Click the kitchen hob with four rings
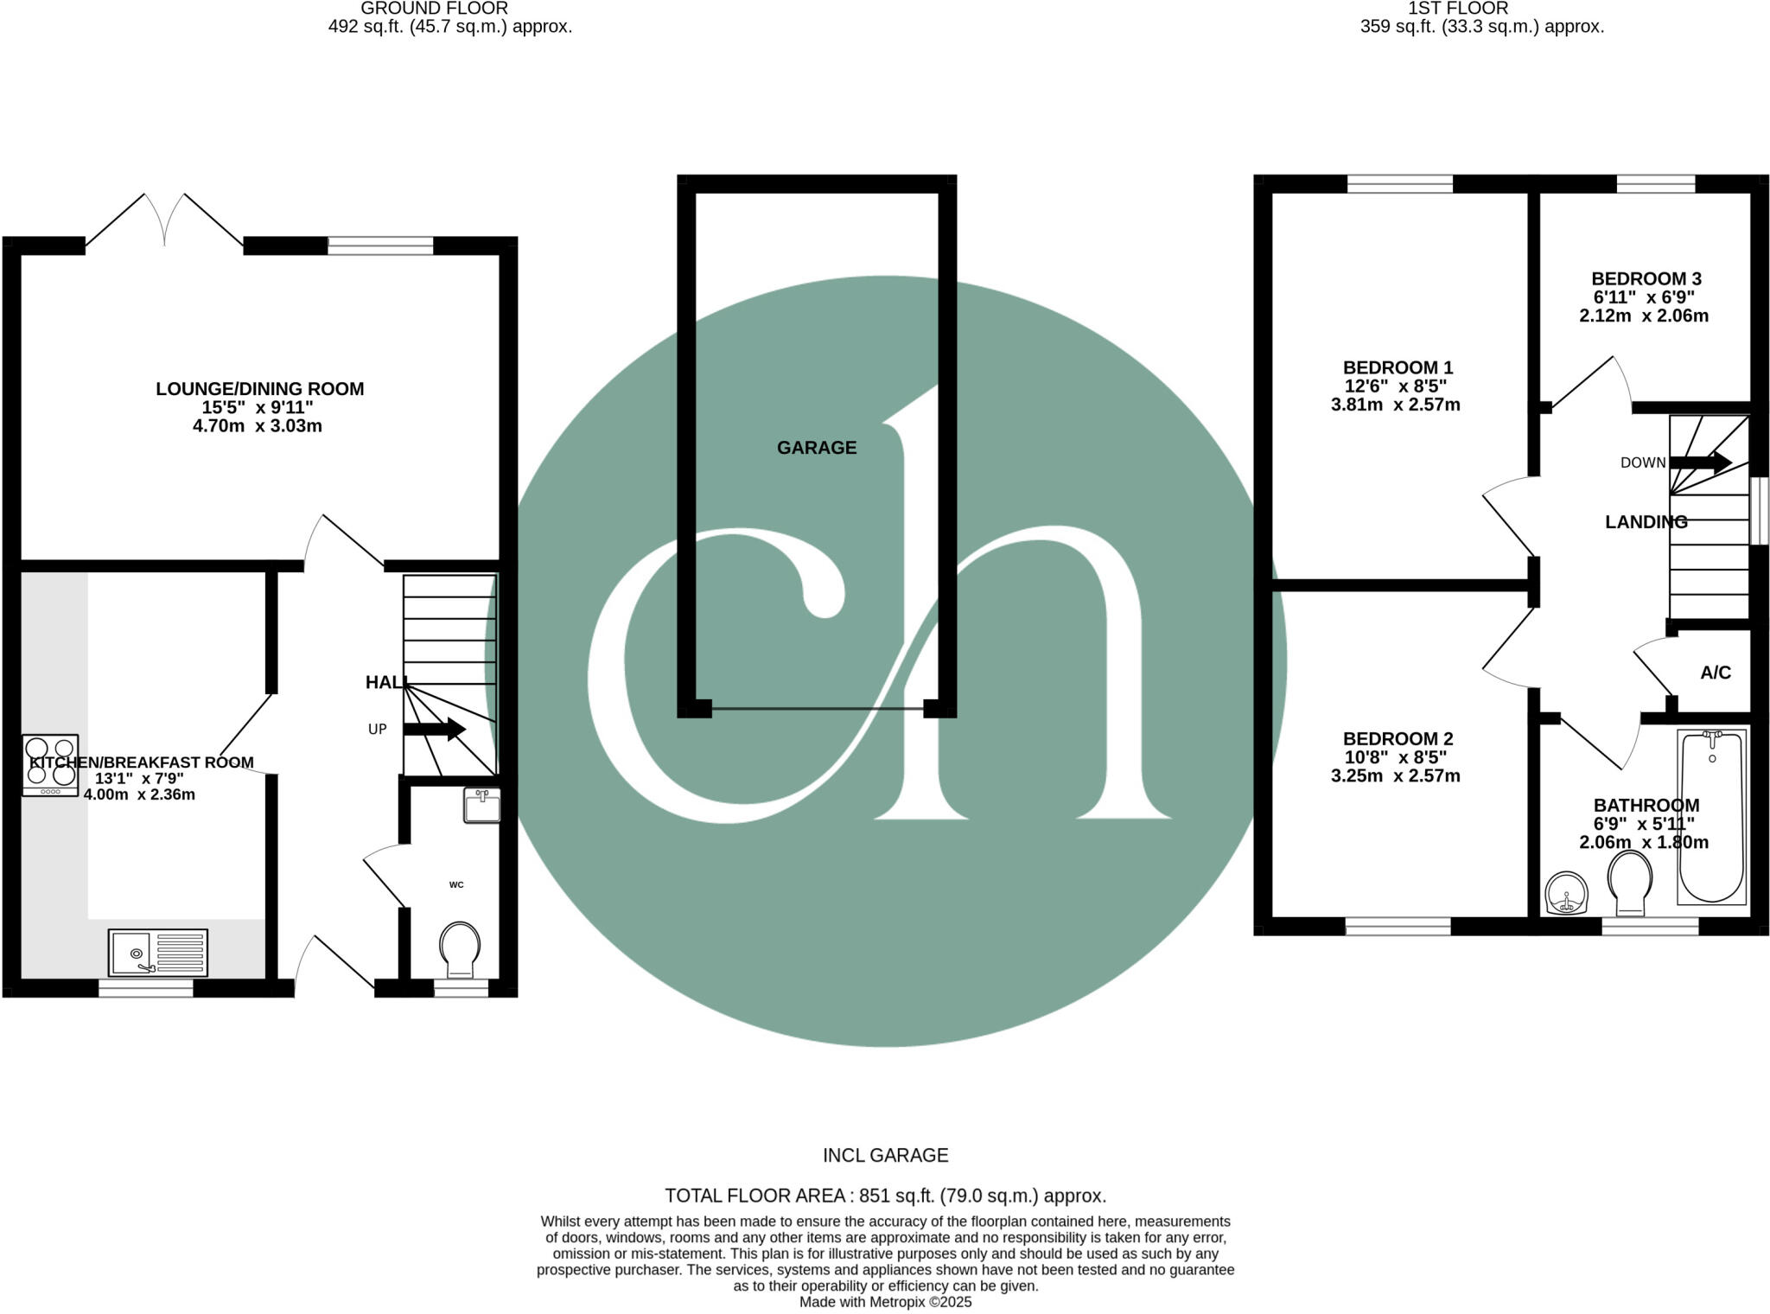(x=50, y=764)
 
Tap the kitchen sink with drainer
(x=158, y=952)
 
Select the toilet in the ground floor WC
(x=460, y=947)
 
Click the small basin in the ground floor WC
(x=481, y=805)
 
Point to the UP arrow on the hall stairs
(x=434, y=729)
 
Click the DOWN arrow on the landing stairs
(x=1699, y=462)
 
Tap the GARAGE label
(x=816, y=448)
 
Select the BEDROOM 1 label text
(x=1398, y=367)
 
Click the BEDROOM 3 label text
(x=1646, y=278)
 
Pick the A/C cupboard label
(x=1715, y=673)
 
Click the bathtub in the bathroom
(x=1710, y=816)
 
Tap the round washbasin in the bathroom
(x=1566, y=893)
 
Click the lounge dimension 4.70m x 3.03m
(x=258, y=426)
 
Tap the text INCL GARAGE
(x=885, y=1155)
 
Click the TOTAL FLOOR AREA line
(x=885, y=1196)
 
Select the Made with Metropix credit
(x=885, y=1302)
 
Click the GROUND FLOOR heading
(x=434, y=9)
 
